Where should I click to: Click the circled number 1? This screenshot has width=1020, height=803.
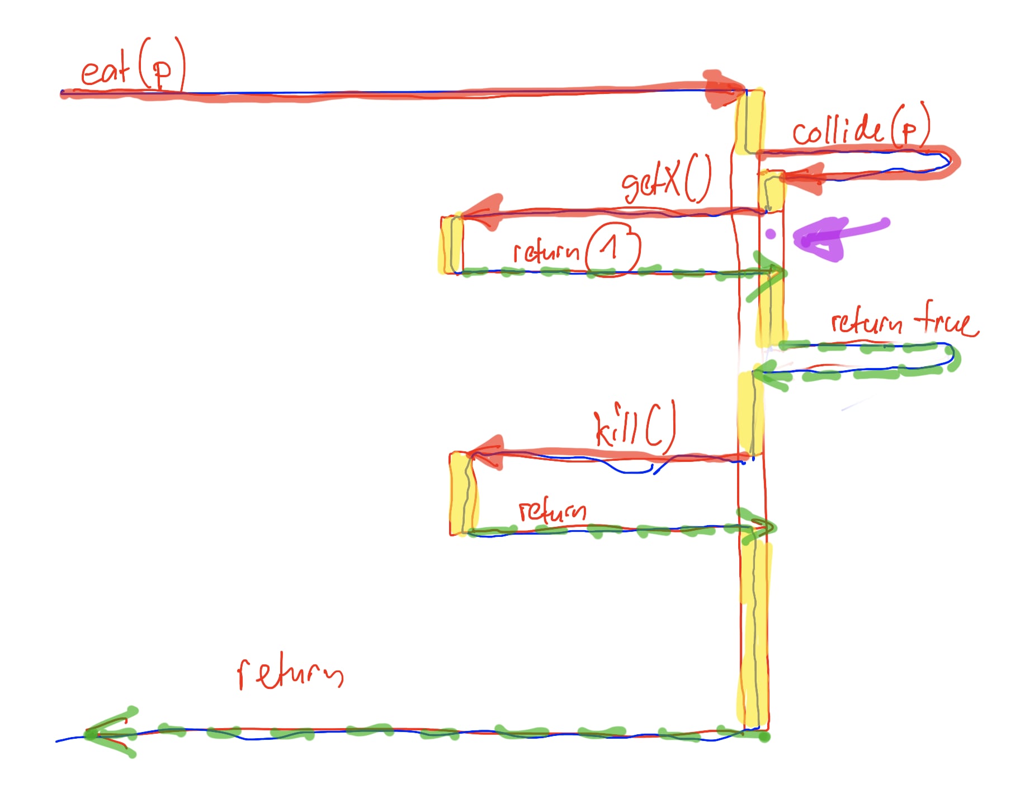click(612, 249)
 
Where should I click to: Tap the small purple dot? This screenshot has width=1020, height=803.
click(771, 234)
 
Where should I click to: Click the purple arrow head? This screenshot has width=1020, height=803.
click(816, 240)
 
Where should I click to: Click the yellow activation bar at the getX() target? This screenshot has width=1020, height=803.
click(451, 245)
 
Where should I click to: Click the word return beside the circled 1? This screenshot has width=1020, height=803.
click(546, 252)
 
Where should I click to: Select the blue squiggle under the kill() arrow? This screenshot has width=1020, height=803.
click(632, 469)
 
